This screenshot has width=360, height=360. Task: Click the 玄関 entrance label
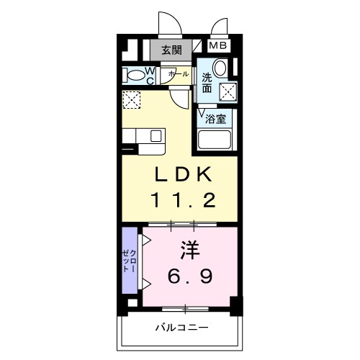point(171,50)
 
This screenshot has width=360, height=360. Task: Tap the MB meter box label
point(218,45)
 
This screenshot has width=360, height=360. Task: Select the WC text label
point(150,76)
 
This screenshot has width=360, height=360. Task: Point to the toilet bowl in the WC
point(135,76)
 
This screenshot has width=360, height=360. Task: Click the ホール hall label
point(179,74)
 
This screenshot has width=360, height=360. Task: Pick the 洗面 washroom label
point(207,83)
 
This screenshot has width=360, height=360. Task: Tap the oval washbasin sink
point(220,68)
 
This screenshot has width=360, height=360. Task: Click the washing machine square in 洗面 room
point(228,91)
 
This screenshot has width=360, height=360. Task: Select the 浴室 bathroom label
point(215,119)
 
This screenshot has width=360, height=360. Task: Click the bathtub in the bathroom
point(215,140)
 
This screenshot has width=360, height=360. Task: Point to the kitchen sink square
point(156,136)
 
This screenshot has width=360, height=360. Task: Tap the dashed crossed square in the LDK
point(131,100)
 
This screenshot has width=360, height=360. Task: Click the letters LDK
point(184,174)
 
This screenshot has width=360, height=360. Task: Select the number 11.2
point(183,200)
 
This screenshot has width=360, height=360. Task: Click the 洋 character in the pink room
point(190,251)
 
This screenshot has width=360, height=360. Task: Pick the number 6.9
point(190,276)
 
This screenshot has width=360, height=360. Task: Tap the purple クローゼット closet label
point(130,261)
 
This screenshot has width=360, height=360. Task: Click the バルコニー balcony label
point(181,328)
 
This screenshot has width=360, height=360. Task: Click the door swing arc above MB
point(217,22)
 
